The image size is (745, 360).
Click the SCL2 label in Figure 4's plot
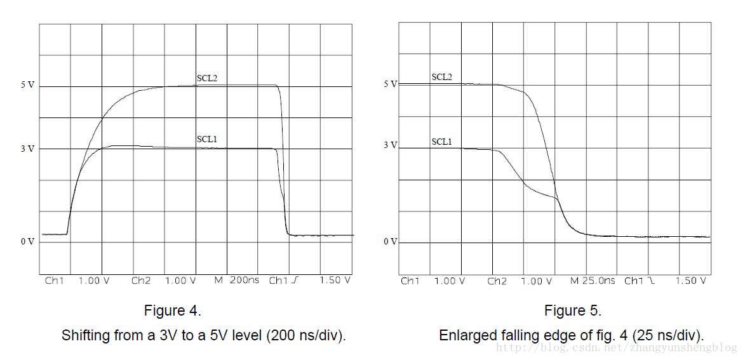(x=207, y=79)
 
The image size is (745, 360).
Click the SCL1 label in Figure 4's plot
(x=207, y=139)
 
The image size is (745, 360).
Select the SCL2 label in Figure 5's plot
(x=441, y=77)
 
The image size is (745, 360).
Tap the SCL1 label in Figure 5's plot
(x=441, y=142)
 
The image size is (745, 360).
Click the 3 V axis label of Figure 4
(x=27, y=149)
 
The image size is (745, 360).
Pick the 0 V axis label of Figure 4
(x=27, y=241)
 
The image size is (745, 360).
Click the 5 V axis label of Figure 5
(x=389, y=84)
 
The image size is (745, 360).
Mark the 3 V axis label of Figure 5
(x=389, y=145)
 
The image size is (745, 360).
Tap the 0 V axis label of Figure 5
(x=389, y=242)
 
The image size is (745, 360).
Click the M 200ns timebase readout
(x=234, y=280)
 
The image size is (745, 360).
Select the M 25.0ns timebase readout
(x=592, y=280)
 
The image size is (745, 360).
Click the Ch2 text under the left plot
(x=141, y=280)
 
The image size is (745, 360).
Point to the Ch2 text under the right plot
(x=497, y=280)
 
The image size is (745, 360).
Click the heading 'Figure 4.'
(x=173, y=311)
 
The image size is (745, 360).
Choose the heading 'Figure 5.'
(x=572, y=311)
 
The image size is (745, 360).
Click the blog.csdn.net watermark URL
(x=616, y=348)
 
